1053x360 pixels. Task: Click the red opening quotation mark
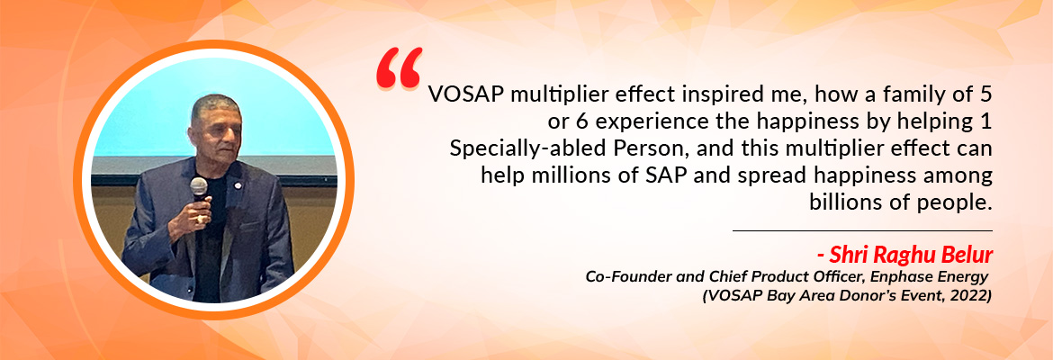pyautogui.click(x=399, y=67)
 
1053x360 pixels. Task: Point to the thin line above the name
pyautogui.click(x=862, y=230)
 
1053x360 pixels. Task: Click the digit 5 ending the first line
pyautogui.click(x=985, y=95)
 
